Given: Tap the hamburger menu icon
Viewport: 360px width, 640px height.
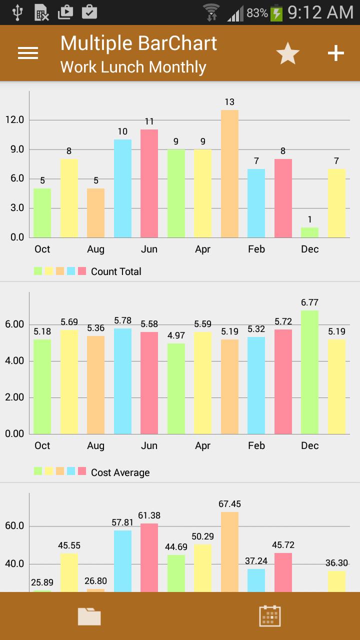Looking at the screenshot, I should [x=28, y=53].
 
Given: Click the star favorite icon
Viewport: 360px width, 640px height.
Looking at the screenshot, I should [x=288, y=53].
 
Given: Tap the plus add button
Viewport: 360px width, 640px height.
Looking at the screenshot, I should [x=336, y=53].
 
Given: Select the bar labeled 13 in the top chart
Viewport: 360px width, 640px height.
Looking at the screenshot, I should [x=229, y=174].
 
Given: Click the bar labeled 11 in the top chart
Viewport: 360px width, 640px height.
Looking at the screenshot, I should [x=149, y=183].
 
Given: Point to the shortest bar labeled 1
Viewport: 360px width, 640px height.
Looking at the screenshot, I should [x=309, y=232].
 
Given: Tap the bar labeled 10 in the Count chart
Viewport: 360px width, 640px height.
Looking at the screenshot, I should [x=122, y=188].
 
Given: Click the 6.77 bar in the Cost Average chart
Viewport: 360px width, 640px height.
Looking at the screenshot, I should [x=309, y=372].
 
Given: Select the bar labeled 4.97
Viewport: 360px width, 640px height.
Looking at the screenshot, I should [x=176, y=388].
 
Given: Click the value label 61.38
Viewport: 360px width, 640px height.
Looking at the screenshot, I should [x=149, y=515].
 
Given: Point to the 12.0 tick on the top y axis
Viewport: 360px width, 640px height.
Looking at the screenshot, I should [x=14, y=120].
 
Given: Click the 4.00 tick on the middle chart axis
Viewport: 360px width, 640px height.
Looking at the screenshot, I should [x=14, y=361].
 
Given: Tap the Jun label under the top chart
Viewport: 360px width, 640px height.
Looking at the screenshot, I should [x=149, y=249].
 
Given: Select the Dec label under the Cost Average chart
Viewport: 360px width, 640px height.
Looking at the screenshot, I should [x=309, y=445].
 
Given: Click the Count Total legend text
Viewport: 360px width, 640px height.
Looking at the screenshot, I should [x=116, y=271].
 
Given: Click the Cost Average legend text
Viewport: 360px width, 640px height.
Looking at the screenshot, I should [x=120, y=472].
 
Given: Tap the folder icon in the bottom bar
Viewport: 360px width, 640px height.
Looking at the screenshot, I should [x=89, y=616].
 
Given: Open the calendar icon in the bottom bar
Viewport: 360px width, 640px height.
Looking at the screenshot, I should [x=270, y=616].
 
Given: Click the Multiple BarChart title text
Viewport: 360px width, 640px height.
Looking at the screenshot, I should [x=138, y=43].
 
